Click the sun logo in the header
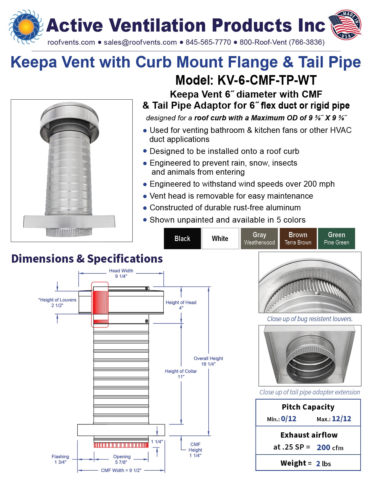pos(26,27)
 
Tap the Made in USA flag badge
pos(345,25)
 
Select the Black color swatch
pos(182,239)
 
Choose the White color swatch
pos(220,239)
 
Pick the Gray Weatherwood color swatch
pos(259,239)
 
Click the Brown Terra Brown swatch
pos(298,239)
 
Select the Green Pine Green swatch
pos(336,239)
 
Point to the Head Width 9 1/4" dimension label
pos(121,273)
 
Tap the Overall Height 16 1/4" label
pos(208,361)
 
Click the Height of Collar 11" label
pos(181,374)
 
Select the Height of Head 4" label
pos(181,305)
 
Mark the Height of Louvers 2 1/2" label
pos(57,303)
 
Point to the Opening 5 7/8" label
pos(122,459)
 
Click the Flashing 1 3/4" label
pos(60,459)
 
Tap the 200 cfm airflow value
pos(330,448)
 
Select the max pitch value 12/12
pos(341,419)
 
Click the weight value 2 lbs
pos(323,464)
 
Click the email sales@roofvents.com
pos(140,42)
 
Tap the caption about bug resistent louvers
pos(310,319)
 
